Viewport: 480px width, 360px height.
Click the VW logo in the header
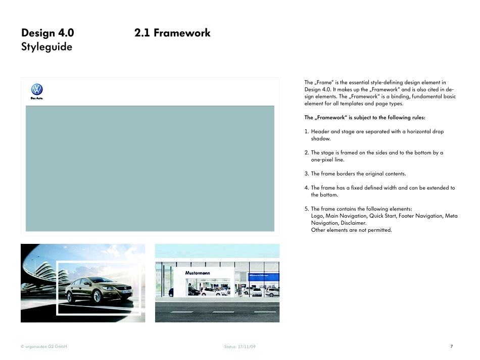pyautogui.click(x=37, y=89)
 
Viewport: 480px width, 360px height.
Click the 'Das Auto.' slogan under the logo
pyautogui.click(x=37, y=98)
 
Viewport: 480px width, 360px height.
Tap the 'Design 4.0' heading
pyautogui.click(x=47, y=33)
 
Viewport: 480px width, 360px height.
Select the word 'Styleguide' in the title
pyautogui.click(x=46, y=47)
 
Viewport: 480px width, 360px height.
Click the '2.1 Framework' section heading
pyautogui.click(x=172, y=33)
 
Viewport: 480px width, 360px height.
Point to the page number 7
pyautogui.click(x=451, y=346)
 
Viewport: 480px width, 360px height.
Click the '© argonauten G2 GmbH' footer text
pyautogui.click(x=44, y=346)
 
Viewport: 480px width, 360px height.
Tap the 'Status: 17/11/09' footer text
pyautogui.click(x=243, y=347)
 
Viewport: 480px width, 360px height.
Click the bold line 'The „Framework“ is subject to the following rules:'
pyautogui.click(x=364, y=118)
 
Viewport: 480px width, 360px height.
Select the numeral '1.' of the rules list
pyautogui.click(x=307, y=132)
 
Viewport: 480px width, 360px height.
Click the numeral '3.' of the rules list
pyautogui.click(x=307, y=174)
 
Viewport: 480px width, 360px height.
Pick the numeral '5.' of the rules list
pyautogui.click(x=307, y=209)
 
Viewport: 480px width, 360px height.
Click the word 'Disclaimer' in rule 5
pyautogui.click(x=353, y=223)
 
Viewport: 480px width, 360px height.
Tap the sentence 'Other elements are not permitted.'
pyautogui.click(x=351, y=230)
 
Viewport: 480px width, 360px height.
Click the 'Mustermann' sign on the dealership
pyautogui.click(x=198, y=273)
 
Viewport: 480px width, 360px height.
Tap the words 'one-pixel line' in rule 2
pyautogui.click(x=326, y=160)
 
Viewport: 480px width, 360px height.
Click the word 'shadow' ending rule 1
pyautogui.click(x=320, y=138)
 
